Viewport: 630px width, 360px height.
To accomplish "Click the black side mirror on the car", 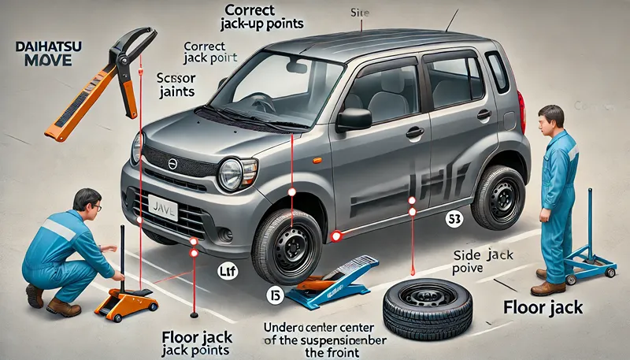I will (354, 119).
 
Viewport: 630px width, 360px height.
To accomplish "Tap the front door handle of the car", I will (414, 132).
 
